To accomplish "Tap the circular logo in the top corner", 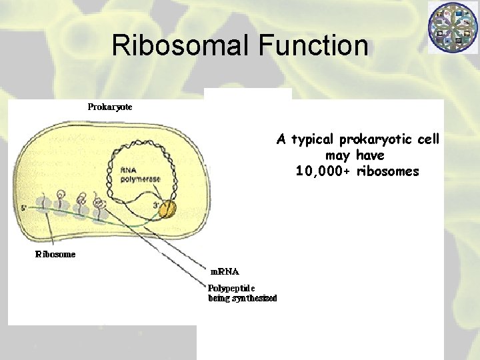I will coord(453,27).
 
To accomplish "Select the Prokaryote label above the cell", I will coord(110,107).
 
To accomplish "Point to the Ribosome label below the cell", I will coord(55,254).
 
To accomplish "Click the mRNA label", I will coord(225,271).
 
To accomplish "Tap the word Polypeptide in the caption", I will coord(231,288).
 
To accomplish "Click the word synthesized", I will coord(253,298).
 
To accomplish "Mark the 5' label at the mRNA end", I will coord(24,208).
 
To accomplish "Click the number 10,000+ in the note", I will coord(323,171).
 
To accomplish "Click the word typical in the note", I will coord(313,139).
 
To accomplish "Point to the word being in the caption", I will coord(219,298).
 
